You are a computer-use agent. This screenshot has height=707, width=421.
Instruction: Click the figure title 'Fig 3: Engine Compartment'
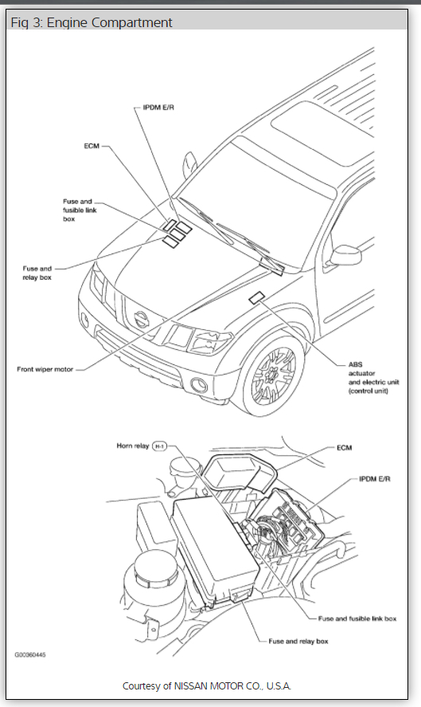[92, 22]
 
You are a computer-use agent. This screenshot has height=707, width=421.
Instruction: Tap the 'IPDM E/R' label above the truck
[158, 108]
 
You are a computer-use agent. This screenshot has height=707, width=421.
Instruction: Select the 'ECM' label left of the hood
[92, 146]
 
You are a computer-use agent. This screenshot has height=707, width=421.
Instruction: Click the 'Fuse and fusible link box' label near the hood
[80, 210]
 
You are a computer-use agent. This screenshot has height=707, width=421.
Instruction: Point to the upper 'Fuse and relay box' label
[37, 273]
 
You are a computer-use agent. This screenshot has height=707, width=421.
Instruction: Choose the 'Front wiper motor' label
[45, 369]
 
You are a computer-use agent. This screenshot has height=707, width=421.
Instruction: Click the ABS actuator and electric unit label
[374, 377]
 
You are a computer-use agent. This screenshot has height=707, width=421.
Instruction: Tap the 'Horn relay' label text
[132, 446]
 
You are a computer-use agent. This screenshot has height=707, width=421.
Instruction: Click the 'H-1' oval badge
[159, 446]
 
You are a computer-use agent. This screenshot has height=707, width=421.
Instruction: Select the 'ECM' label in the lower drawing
[345, 448]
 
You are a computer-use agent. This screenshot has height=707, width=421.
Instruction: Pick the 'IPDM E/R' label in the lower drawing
[375, 478]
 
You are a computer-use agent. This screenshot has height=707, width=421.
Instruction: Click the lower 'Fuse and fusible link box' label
[357, 619]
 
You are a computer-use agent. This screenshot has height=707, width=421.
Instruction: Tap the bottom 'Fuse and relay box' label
[298, 641]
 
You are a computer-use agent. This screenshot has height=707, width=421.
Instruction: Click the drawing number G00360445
[30, 654]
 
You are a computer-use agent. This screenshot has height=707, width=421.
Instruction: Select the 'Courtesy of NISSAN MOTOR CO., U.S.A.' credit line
[207, 686]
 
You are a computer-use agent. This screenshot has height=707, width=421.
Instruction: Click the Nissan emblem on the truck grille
[141, 320]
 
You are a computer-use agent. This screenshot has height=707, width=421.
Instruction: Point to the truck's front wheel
[273, 375]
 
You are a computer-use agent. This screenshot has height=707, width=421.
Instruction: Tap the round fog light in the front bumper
[199, 385]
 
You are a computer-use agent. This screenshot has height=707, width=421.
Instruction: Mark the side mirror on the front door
[345, 256]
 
